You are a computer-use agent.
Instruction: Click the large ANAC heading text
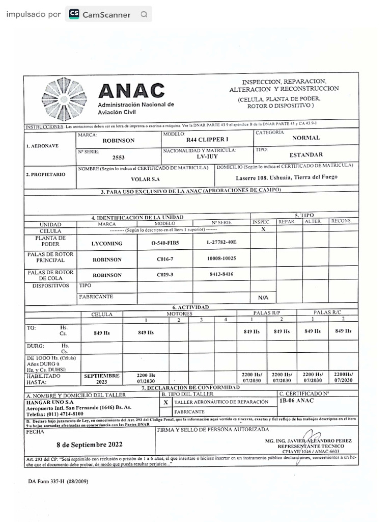(x=131, y=91)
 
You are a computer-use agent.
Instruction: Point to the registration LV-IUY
(x=207, y=156)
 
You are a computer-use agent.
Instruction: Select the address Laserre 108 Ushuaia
(x=286, y=177)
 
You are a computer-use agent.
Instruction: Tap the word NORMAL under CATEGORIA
(x=306, y=138)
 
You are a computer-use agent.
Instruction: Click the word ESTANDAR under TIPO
(x=306, y=154)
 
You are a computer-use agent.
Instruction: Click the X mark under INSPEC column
(x=263, y=229)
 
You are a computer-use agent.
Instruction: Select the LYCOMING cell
(x=107, y=244)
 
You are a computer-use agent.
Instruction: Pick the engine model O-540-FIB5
(x=165, y=243)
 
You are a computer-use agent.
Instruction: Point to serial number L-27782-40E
(x=221, y=242)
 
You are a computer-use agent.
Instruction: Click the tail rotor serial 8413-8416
(x=221, y=274)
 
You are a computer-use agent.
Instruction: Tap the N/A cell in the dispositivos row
(x=263, y=297)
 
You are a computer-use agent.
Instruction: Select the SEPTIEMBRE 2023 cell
(x=102, y=378)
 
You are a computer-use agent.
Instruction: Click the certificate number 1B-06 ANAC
(x=297, y=401)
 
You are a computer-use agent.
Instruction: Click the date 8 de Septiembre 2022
(x=89, y=444)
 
